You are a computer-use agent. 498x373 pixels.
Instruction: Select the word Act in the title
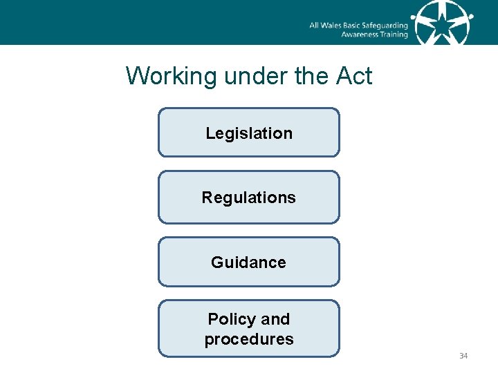(353, 76)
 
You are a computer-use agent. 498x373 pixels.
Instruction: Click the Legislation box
(249, 132)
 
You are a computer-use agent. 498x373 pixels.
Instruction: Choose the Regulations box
(249, 198)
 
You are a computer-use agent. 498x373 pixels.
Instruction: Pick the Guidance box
(249, 262)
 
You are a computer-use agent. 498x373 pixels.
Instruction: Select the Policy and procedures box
(249, 329)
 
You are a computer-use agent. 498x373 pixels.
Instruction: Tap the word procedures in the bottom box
(249, 339)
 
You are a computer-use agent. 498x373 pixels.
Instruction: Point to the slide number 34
(463, 356)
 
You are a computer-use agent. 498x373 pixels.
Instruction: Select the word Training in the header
(393, 35)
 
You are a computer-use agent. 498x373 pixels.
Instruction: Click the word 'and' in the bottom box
(275, 319)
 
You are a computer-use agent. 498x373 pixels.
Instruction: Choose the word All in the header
(314, 26)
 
